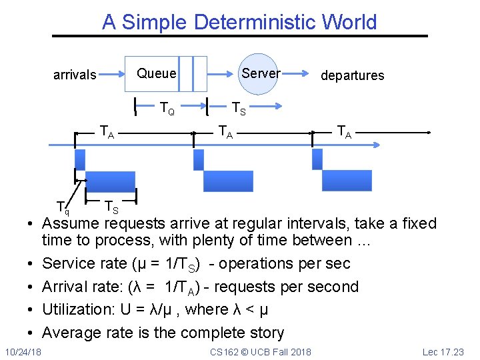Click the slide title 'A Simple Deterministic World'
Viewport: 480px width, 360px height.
(239, 22)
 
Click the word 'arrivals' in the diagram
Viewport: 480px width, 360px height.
(75, 75)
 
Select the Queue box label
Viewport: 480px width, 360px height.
(157, 73)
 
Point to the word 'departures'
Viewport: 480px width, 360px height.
(352, 75)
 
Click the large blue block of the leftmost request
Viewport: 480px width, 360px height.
(110, 181)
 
